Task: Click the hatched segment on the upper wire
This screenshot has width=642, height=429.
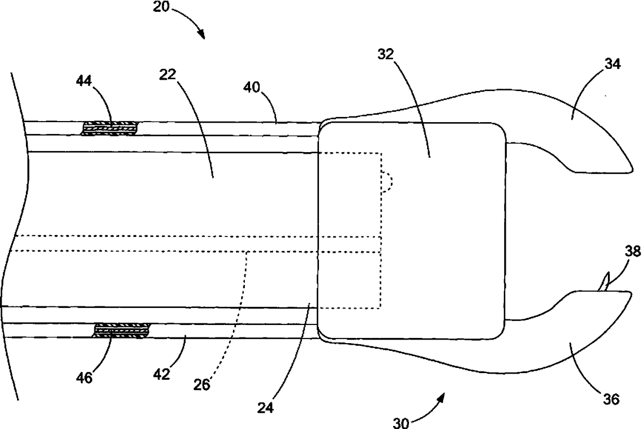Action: [x=110, y=128]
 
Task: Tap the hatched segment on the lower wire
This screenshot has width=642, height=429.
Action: [x=122, y=330]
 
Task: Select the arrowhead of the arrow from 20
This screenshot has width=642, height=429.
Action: [x=201, y=36]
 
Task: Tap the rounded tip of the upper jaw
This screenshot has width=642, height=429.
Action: [x=630, y=167]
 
